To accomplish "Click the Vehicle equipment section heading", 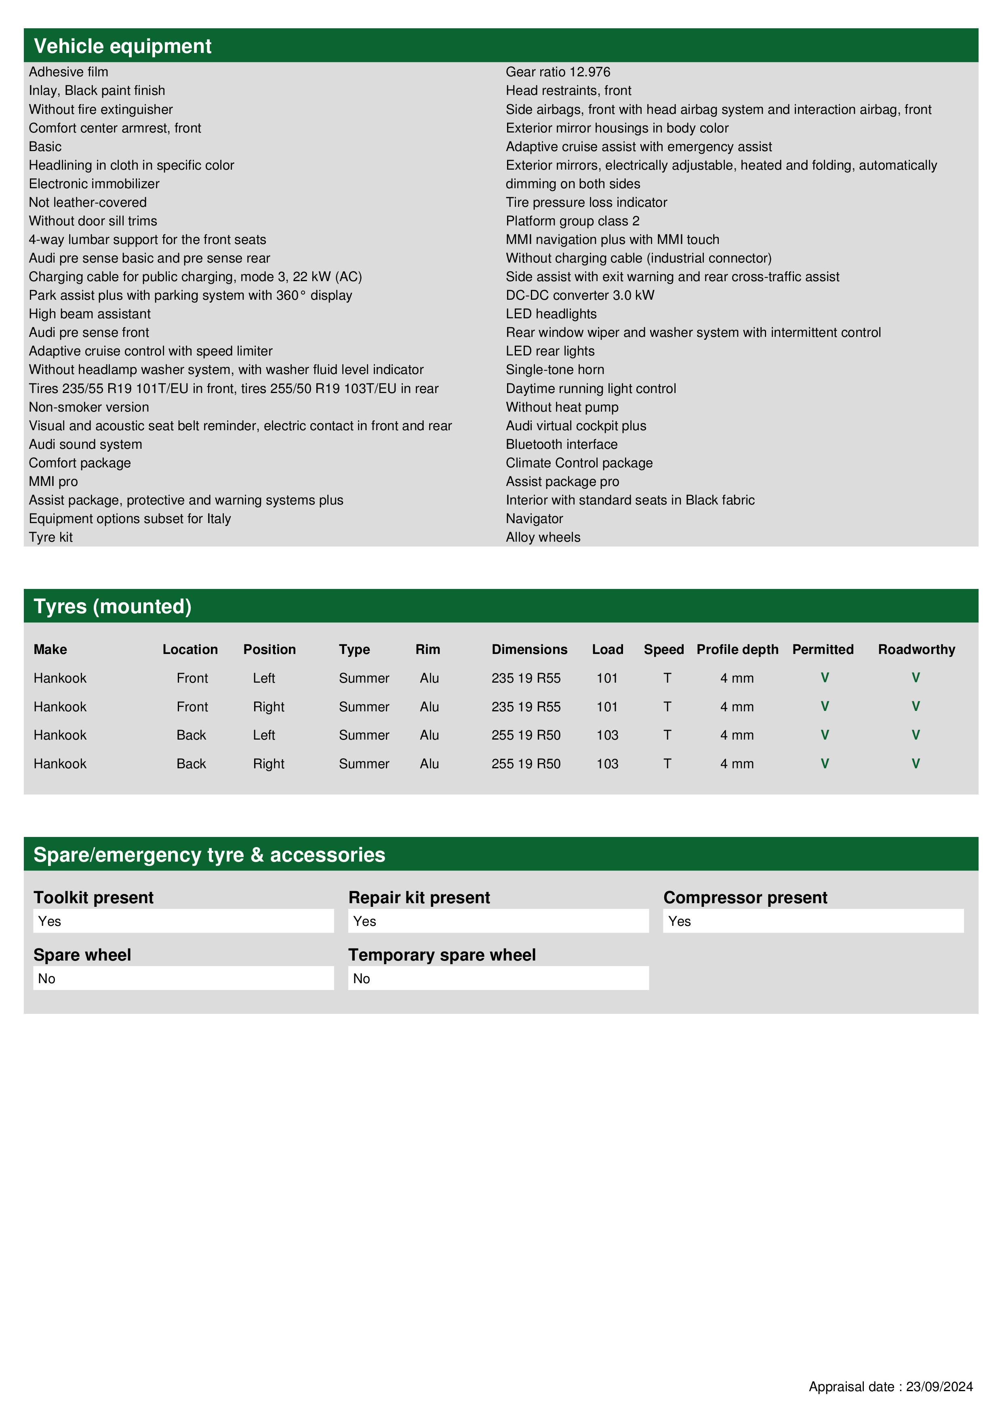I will point(122,46).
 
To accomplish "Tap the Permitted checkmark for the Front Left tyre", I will point(825,678).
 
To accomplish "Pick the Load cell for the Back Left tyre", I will point(607,735).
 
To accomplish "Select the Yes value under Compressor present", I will point(813,921).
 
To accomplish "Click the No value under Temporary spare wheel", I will point(498,978).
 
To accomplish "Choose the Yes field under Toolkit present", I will point(183,921).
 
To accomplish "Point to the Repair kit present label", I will point(419,898).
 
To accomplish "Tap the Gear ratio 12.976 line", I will point(558,72).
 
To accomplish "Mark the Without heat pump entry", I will point(562,407).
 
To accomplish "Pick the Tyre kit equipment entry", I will point(51,538).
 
